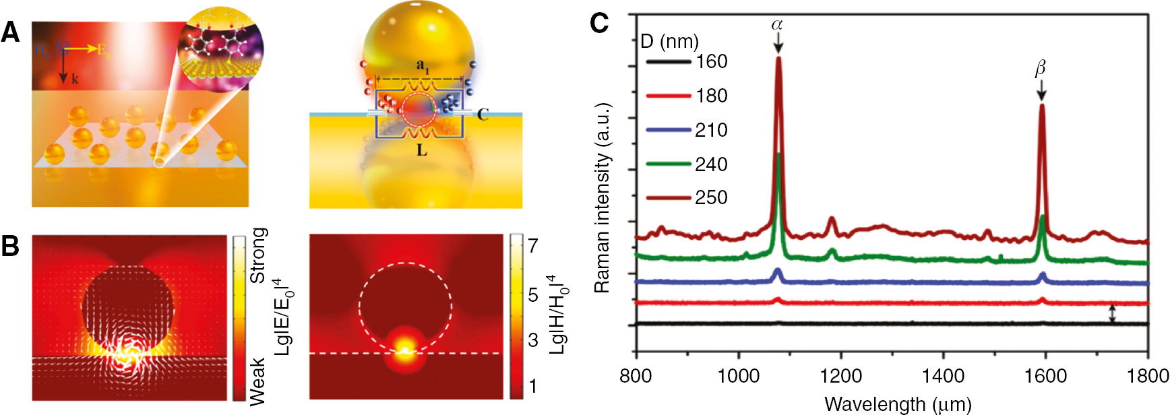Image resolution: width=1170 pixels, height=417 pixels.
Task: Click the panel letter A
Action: [x=11, y=32]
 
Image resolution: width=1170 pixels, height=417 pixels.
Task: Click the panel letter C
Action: [x=598, y=24]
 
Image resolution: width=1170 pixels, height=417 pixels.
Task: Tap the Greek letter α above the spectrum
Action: [x=777, y=25]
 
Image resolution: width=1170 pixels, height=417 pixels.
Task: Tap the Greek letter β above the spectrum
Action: [x=1040, y=69]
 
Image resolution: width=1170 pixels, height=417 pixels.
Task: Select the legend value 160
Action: [x=711, y=62]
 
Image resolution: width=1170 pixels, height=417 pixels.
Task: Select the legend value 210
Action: [x=711, y=130]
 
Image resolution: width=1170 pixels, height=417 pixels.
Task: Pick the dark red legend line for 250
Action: [x=668, y=198]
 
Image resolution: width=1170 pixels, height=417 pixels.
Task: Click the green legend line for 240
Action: [x=668, y=164]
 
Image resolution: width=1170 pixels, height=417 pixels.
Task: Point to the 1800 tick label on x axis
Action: [x=1148, y=375]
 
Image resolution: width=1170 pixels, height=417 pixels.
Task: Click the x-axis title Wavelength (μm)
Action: [x=898, y=404]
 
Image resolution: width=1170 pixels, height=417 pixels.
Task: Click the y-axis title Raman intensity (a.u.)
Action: [x=602, y=198]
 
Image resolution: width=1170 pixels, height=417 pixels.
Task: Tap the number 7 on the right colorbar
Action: [x=532, y=246]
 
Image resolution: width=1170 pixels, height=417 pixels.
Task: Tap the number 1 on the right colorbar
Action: [x=532, y=387]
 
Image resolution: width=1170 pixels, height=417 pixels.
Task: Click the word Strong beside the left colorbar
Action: [x=258, y=255]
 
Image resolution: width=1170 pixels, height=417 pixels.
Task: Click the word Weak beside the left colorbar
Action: [x=258, y=381]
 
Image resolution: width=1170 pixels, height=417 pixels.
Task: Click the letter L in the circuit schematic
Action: [x=422, y=150]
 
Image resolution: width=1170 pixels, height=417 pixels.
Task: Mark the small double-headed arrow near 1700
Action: [x=1112, y=314]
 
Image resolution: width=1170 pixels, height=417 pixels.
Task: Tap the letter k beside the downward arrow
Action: [x=75, y=79]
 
